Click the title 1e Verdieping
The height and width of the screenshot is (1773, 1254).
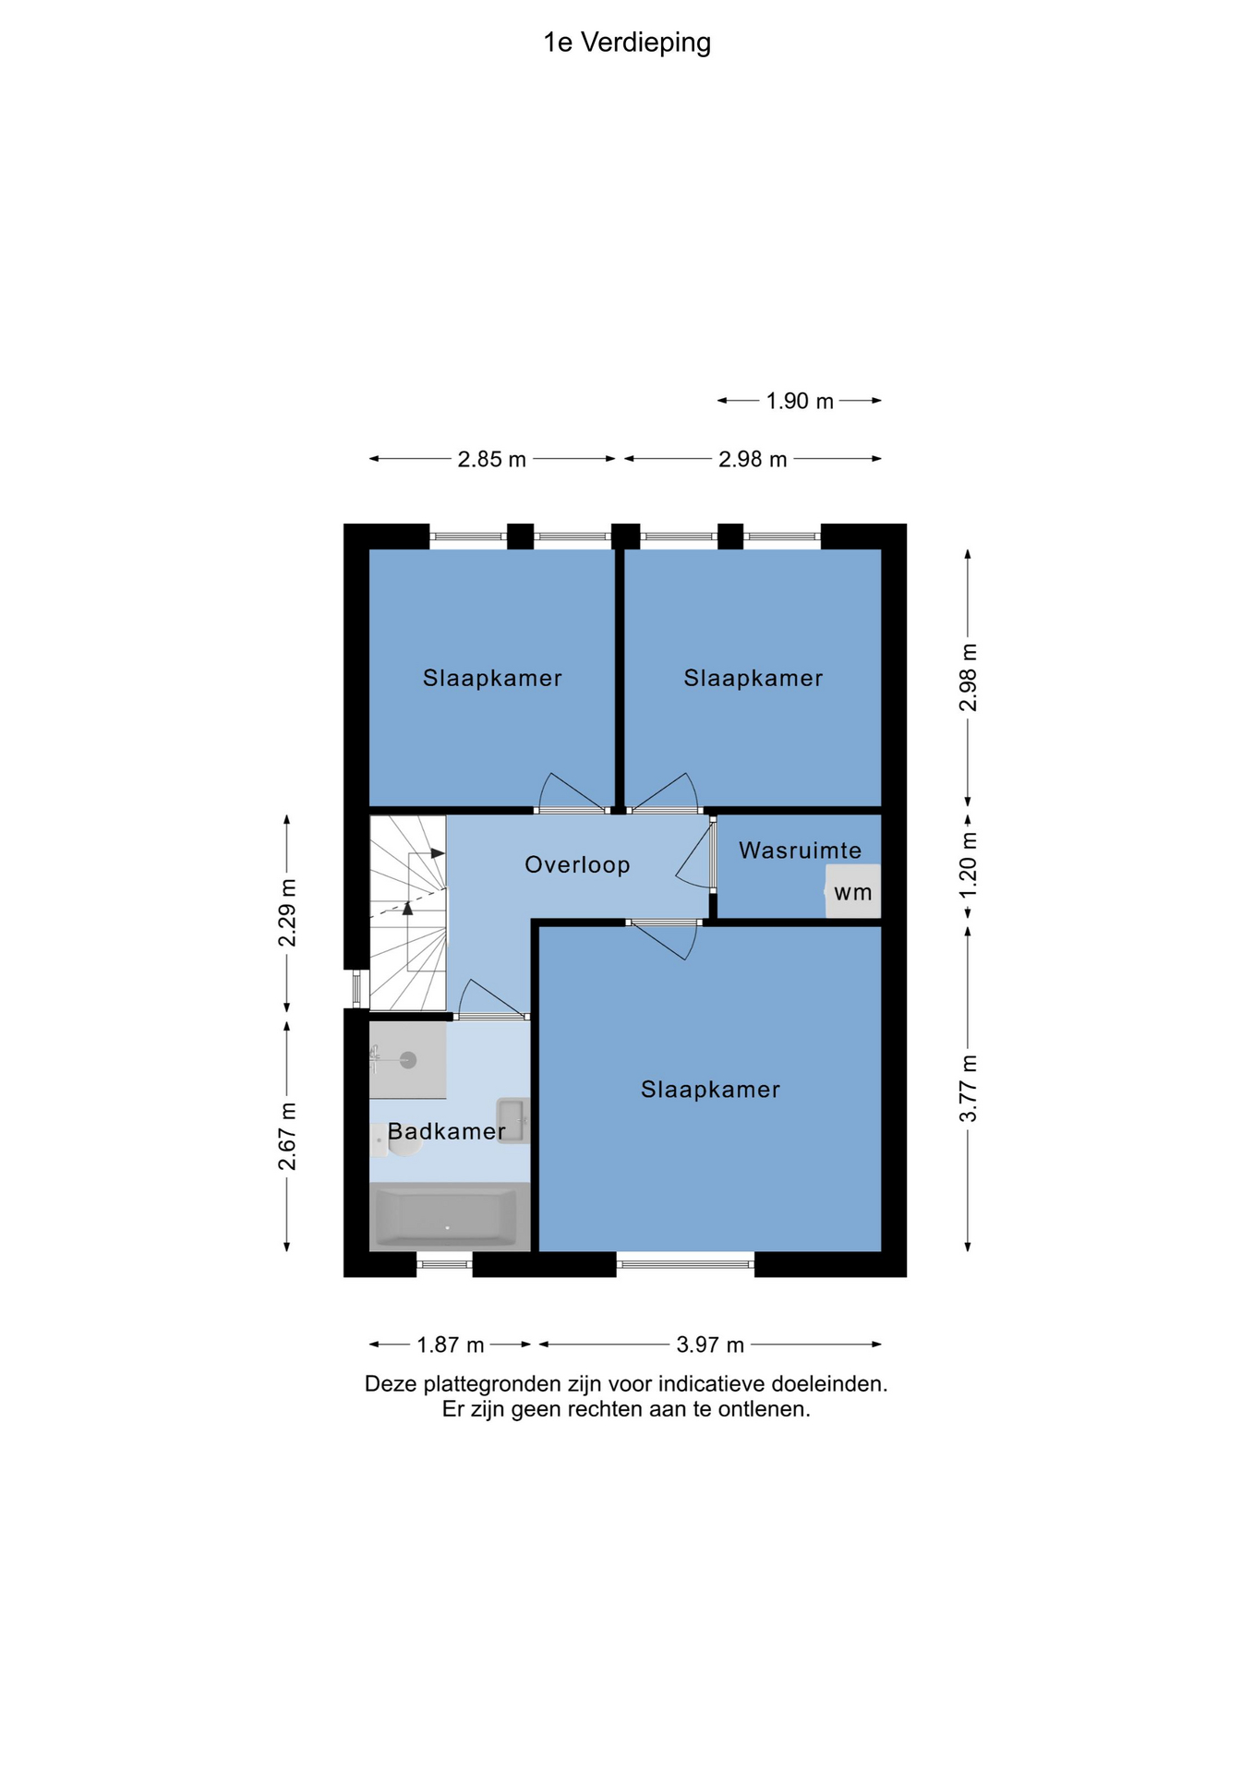tap(627, 43)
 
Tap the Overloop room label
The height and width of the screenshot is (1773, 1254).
tap(577, 865)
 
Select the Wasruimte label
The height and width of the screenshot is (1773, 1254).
tap(800, 850)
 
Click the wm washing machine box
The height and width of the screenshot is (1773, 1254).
tap(852, 891)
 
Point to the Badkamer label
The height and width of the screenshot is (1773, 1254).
tap(447, 1131)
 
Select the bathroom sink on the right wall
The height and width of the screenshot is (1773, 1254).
tap(512, 1121)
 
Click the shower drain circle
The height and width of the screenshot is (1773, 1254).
tap(407, 1059)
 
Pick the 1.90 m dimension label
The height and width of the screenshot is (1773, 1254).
tap(800, 402)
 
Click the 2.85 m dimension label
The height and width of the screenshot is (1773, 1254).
tap(492, 459)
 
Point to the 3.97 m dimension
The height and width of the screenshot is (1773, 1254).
tap(710, 1345)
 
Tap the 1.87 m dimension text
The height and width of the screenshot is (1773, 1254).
tap(451, 1345)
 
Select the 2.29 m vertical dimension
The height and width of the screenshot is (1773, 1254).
tap(288, 913)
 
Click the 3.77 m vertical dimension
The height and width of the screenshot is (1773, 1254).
tap(969, 1089)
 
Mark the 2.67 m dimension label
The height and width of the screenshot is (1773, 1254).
tap(288, 1137)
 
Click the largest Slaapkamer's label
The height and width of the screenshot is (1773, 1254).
tap(711, 1090)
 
